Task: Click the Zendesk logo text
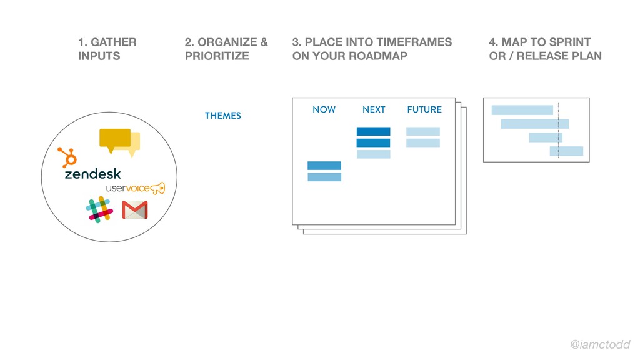tap(92, 174)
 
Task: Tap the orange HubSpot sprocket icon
tap(67, 157)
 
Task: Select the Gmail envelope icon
tap(135, 210)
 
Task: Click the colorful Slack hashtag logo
tap(99, 210)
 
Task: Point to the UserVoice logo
tap(136, 188)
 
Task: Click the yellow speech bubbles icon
tap(119, 142)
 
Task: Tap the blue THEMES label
tap(223, 116)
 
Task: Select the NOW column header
tap(324, 109)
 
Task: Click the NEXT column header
tap(374, 109)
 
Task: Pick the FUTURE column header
tap(424, 109)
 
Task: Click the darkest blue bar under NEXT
tap(374, 131)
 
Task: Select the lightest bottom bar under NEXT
tap(374, 154)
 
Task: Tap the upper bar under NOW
tap(324, 166)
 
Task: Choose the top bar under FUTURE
tap(423, 131)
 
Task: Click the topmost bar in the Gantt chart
tap(522, 110)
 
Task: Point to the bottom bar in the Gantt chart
tap(566, 151)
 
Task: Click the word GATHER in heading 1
tap(114, 42)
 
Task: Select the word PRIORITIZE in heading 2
tap(217, 56)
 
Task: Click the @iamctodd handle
tap(600, 344)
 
